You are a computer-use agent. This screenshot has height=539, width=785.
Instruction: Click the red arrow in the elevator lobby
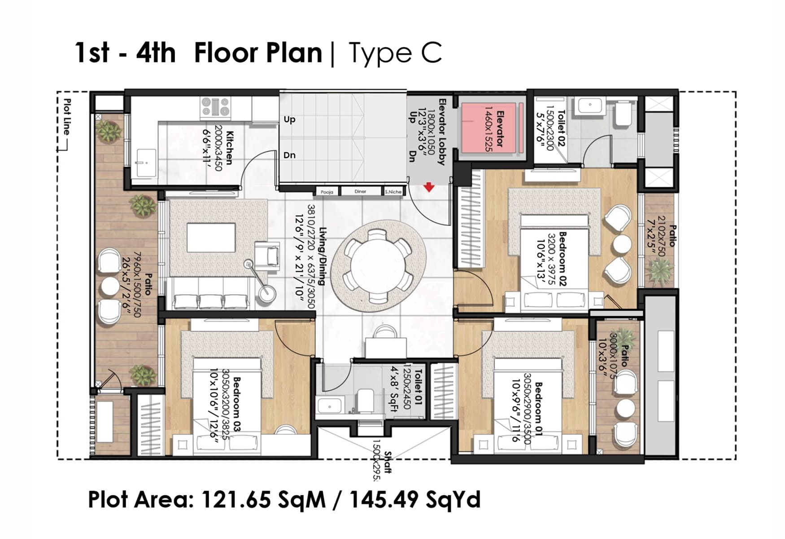coord(429,187)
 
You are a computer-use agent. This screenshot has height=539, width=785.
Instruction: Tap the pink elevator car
coord(492,128)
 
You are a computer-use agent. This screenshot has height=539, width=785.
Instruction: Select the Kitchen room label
coord(230,147)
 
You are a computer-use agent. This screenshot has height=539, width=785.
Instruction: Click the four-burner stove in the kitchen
coord(215,108)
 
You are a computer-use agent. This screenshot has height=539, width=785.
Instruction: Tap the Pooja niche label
coord(327,192)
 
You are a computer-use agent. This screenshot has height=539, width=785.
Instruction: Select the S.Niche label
coord(393,192)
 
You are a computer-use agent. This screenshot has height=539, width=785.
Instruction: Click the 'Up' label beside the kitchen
coord(289,119)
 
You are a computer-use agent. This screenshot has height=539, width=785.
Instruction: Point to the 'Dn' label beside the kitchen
coord(289,155)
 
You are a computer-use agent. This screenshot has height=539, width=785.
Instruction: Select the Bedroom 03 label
coord(237,404)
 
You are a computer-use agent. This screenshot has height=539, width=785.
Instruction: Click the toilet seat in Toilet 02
coord(623,115)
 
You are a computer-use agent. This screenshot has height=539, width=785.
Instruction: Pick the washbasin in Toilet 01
coord(330,406)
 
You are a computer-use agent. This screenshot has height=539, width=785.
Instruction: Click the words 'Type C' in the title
coord(395,53)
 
